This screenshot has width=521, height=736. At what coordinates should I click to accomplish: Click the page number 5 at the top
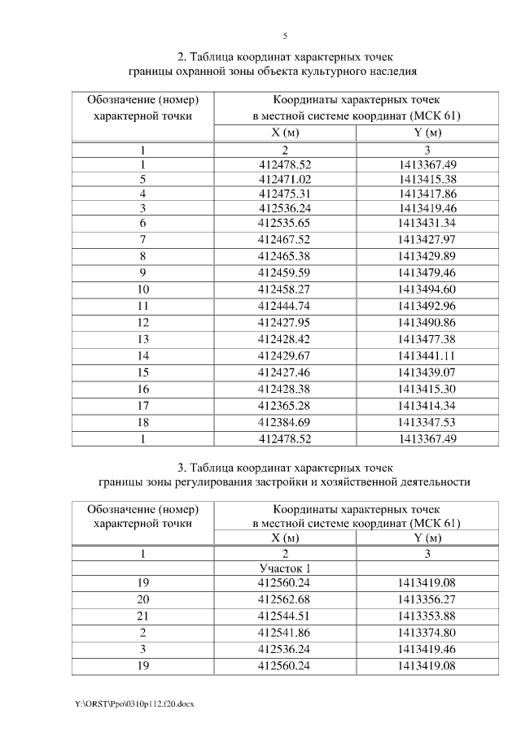(285, 36)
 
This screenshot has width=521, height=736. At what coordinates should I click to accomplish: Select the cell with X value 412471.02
(285, 179)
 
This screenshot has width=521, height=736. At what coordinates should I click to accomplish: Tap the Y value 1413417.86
(427, 194)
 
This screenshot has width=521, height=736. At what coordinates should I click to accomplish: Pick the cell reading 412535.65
(285, 223)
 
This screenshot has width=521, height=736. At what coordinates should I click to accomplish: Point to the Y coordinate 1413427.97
(427, 238)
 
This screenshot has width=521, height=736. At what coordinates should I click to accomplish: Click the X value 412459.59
(285, 272)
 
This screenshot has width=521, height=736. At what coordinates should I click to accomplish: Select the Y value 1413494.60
(427, 288)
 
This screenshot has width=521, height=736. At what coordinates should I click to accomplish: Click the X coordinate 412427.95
(285, 323)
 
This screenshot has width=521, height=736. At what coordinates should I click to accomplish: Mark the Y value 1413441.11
(427, 356)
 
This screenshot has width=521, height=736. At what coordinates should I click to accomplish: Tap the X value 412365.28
(285, 406)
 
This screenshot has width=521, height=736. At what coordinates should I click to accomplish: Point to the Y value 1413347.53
(427, 423)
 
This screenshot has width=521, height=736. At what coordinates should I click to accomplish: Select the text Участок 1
(285, 568)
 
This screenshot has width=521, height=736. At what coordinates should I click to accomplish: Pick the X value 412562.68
(285, 599)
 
